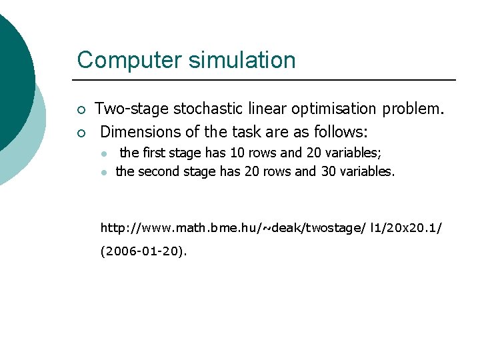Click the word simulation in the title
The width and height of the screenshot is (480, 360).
coord(242,60)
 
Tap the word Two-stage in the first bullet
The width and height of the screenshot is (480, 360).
coord(131,108)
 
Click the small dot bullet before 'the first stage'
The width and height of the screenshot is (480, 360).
coord(104,154)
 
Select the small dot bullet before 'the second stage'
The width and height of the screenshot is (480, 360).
coord(104,172)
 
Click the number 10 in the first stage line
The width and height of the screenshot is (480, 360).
coord(237,153)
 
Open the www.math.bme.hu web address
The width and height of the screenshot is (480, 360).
coord(271,228)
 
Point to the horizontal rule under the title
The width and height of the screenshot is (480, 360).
coord(267,80)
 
